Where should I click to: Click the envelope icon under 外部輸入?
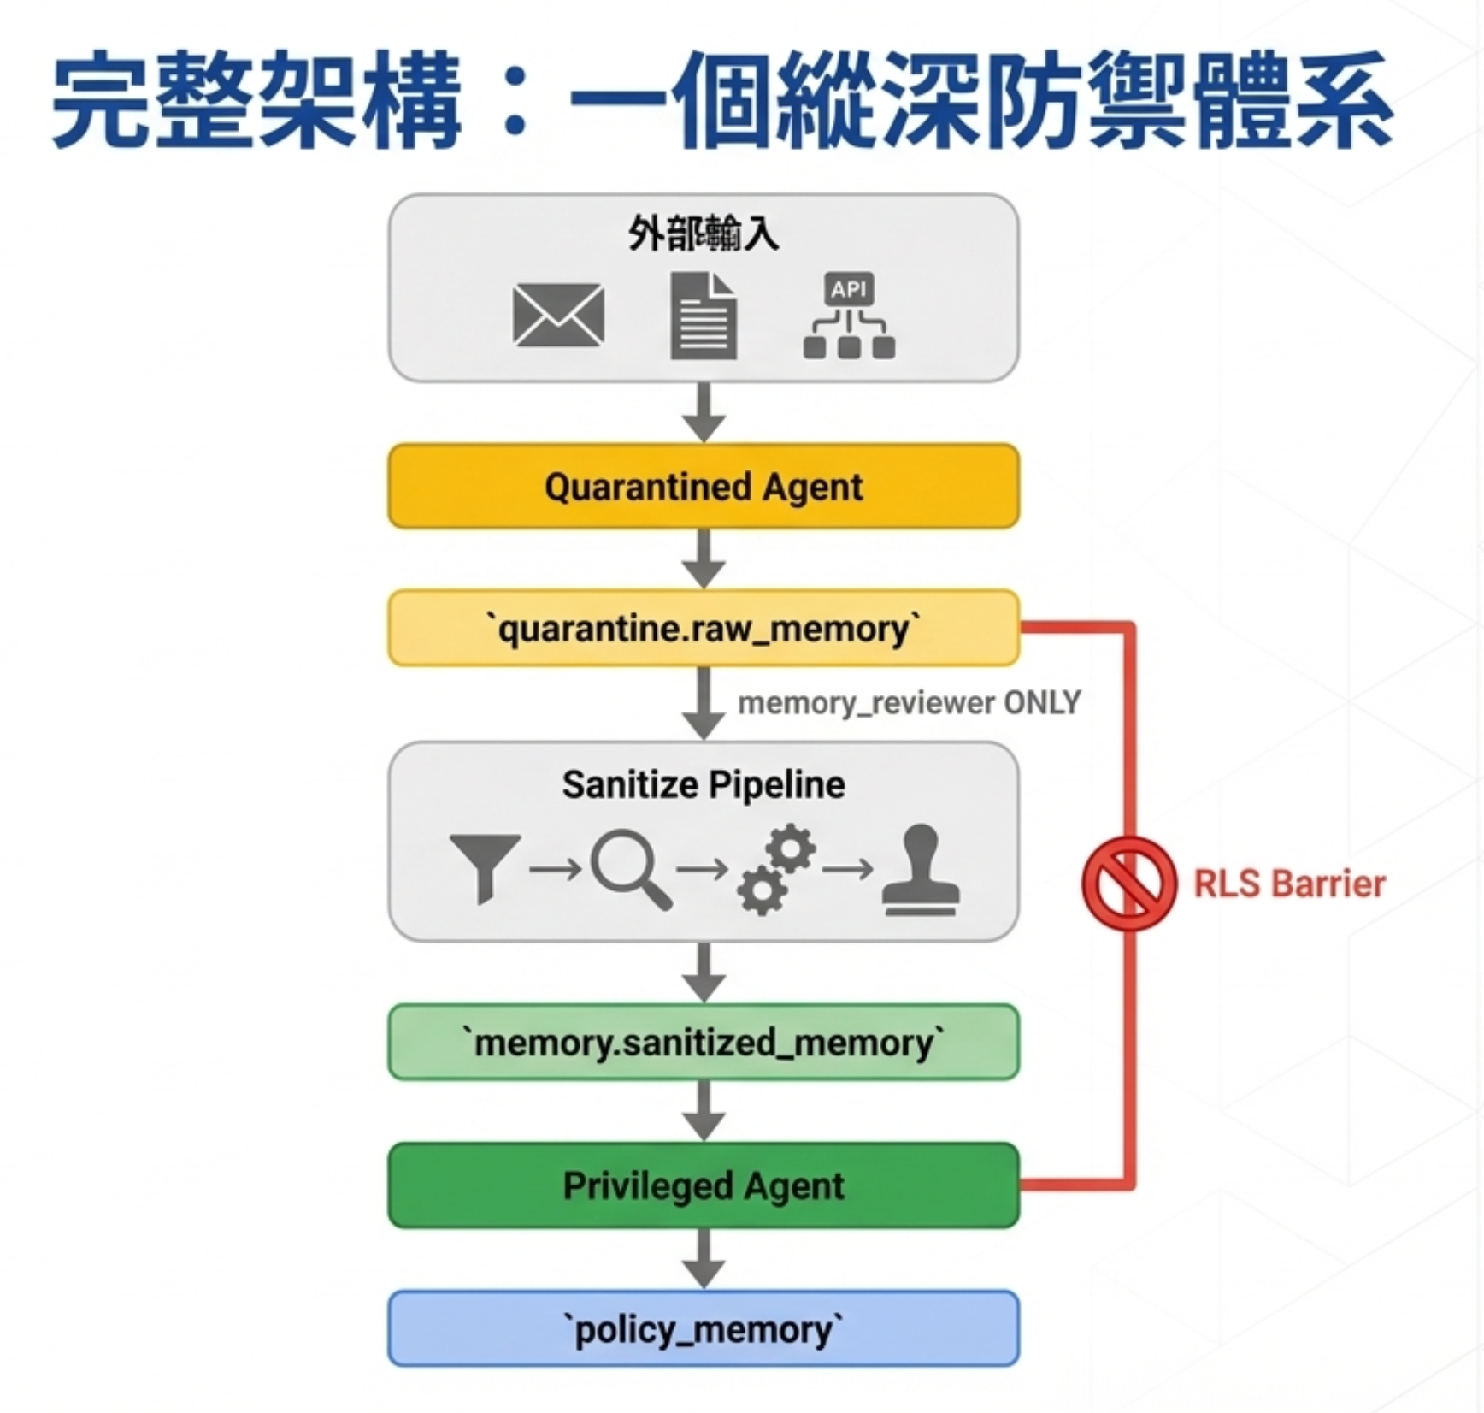coord(558,316)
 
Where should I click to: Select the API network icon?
coord(849,315)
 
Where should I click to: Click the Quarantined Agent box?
coord(704,486)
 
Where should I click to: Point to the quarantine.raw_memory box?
coord(704,629)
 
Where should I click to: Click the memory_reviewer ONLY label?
coord(909,703)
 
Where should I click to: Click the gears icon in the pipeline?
coord(776,868)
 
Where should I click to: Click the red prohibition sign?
coord(1129,884)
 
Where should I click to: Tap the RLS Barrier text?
coord(1289,884)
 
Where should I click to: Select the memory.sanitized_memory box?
coord(704,1042)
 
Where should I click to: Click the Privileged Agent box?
coord(704,1185)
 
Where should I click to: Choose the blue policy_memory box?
coord(704,1329)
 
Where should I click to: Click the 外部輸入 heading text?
coord(704,233)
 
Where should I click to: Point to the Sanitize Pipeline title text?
coord(704,784)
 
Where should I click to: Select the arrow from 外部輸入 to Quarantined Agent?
coord(704,412)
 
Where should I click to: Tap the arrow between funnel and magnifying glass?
coord(556,869)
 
